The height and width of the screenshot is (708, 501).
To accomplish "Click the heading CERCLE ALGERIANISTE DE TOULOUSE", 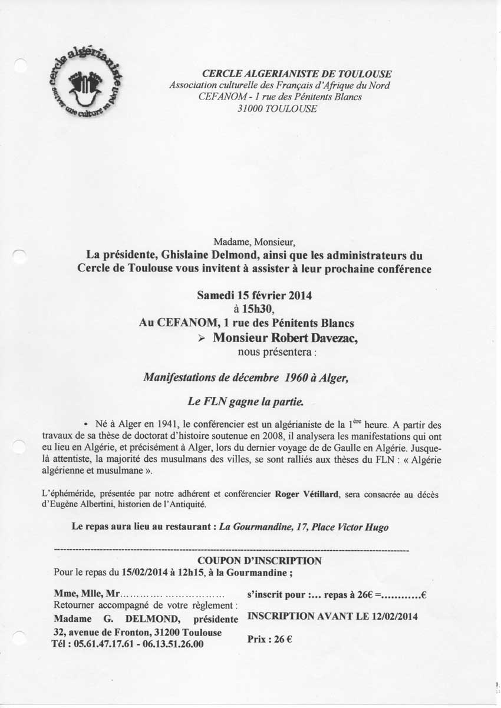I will click(x=296, y=74).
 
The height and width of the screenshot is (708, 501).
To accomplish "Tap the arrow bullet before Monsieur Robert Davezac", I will click(x=201, y=338).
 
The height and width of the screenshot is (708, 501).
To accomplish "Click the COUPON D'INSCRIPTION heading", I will click(x=259, y=561).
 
